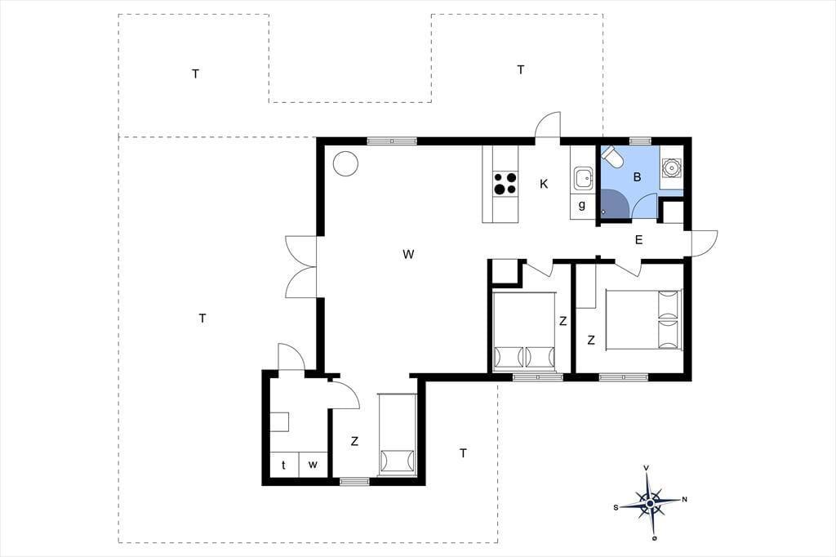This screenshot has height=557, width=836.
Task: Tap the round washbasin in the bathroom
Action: click(x=671, y=167)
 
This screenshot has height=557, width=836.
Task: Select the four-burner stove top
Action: click(x=505, y=183)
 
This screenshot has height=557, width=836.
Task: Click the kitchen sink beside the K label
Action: click(x=583, y=178)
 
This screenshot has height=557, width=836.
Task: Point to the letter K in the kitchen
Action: click(x=544, y=184)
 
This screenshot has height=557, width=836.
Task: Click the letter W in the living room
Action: click(x=408, y=255)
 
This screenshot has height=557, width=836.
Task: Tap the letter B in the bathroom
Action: click(x=637, y=177)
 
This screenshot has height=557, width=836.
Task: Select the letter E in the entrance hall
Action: click(x=638, y=240)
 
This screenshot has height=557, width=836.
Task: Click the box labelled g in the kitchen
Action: click(x=582, y=206)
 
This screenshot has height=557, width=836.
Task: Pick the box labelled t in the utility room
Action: click(x=283, y=464)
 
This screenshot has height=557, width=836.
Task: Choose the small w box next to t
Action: click(x=313, y=464)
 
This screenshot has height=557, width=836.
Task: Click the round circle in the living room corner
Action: click(x=345, y=163)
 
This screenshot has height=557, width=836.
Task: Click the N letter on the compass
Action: click(x=685, y=500)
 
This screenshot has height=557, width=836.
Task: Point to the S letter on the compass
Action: click(x=616, y=507)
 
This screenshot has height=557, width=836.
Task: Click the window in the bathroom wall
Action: click(x=640, y=140)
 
